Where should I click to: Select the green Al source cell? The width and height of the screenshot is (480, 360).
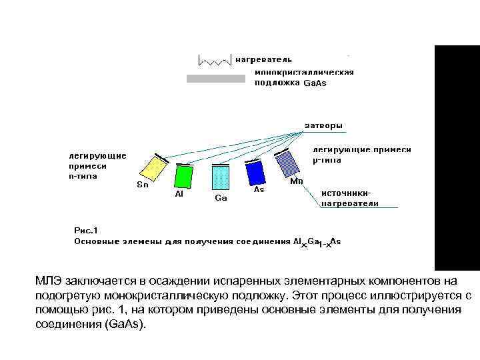183,177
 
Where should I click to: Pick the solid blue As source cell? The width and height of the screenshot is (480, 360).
255,173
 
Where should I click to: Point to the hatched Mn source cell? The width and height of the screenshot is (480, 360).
288,163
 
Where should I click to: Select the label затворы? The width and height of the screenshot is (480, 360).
325,125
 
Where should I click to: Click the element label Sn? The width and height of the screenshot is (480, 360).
143,185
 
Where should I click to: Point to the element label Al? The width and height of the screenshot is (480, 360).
179,194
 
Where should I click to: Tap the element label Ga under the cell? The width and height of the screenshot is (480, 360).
221,198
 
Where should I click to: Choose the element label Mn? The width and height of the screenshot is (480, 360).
297,181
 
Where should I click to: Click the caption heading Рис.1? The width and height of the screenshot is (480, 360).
85,231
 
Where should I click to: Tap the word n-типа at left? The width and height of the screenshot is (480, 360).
83,177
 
